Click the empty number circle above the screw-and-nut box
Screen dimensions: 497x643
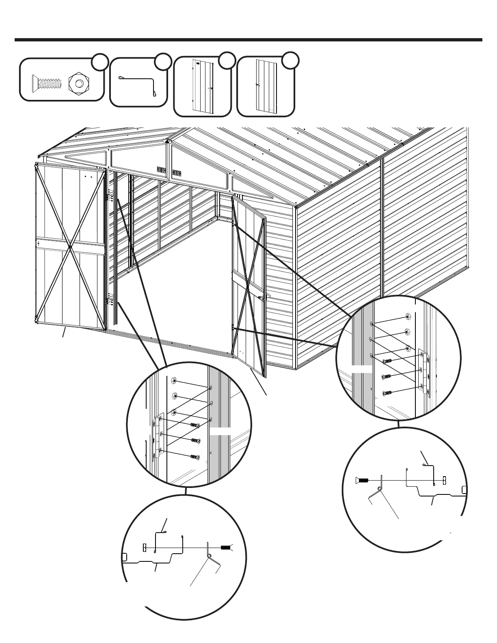click(99, 62)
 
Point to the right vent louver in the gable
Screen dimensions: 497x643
click(177, 173)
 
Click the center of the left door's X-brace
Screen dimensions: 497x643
click(70, 246)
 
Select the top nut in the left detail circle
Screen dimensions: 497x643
click(173, 381)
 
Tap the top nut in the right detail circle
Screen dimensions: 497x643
click(408, 317)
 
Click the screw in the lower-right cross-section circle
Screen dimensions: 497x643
click(363, 480)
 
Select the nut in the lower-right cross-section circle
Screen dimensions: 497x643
click(444, 480)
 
